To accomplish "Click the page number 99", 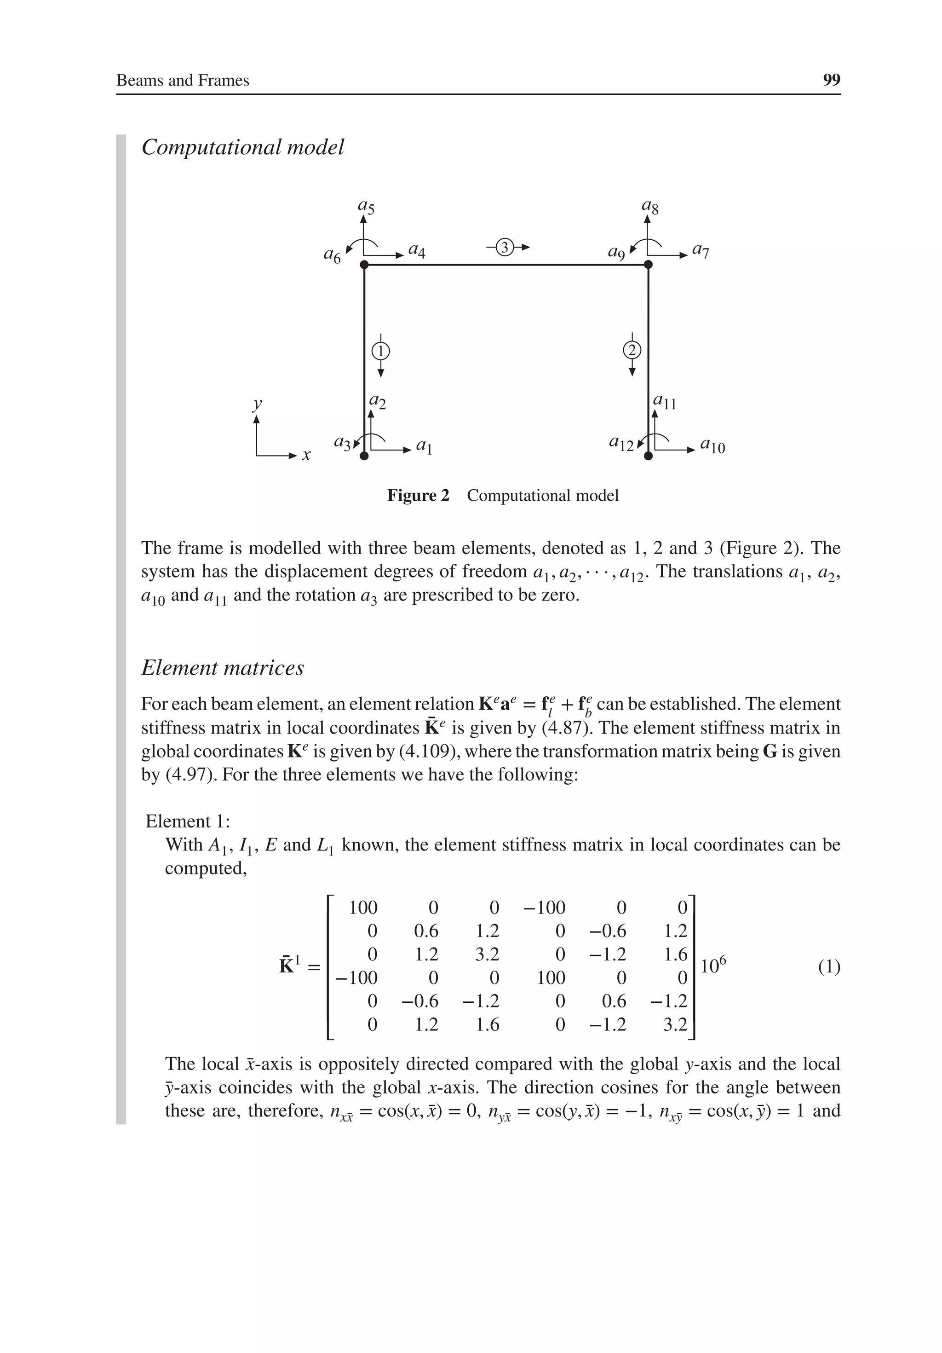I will pos(831,80).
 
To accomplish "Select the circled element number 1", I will pos(380,351).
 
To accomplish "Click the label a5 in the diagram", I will pos(366,206).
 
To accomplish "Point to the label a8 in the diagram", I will pos(650,206).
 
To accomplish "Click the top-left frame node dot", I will pos(364,265).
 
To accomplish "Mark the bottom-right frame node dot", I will pos(648,456).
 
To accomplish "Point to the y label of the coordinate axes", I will pos(257,404).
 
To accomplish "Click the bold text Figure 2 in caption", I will pos(418,496).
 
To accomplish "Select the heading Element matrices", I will pos(223,668).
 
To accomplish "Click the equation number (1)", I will pos(829,967).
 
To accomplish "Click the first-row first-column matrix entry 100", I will pos(363,908).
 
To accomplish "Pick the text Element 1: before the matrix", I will pos(187,821).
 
